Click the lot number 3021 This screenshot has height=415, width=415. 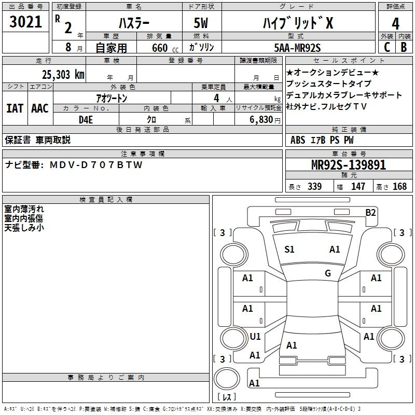point(25,22)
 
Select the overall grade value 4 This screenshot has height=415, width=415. point(395,24)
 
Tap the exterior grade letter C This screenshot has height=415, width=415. point(386,47)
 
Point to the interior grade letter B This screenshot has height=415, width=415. point(404,47)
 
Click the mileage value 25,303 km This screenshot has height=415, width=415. point(63,75)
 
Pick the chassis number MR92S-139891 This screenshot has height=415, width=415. point(349,165)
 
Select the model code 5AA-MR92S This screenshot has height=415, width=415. point(297,48)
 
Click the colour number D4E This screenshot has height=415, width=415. point(86,120)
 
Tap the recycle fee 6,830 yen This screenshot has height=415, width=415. point(265,120)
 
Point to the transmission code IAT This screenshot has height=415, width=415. point(15,108)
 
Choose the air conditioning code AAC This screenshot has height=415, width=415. point(40,108)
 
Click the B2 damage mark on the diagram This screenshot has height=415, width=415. point(370,213)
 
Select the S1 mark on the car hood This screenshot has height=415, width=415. point(289,250)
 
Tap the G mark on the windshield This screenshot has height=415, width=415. point(328,273)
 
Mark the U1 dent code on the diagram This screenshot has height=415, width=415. point(255,336)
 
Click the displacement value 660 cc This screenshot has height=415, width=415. point(165,48)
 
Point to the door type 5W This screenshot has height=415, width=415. point(201,23)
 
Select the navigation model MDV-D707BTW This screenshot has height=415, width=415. point(96,165)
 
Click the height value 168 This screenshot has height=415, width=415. point(399,186)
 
